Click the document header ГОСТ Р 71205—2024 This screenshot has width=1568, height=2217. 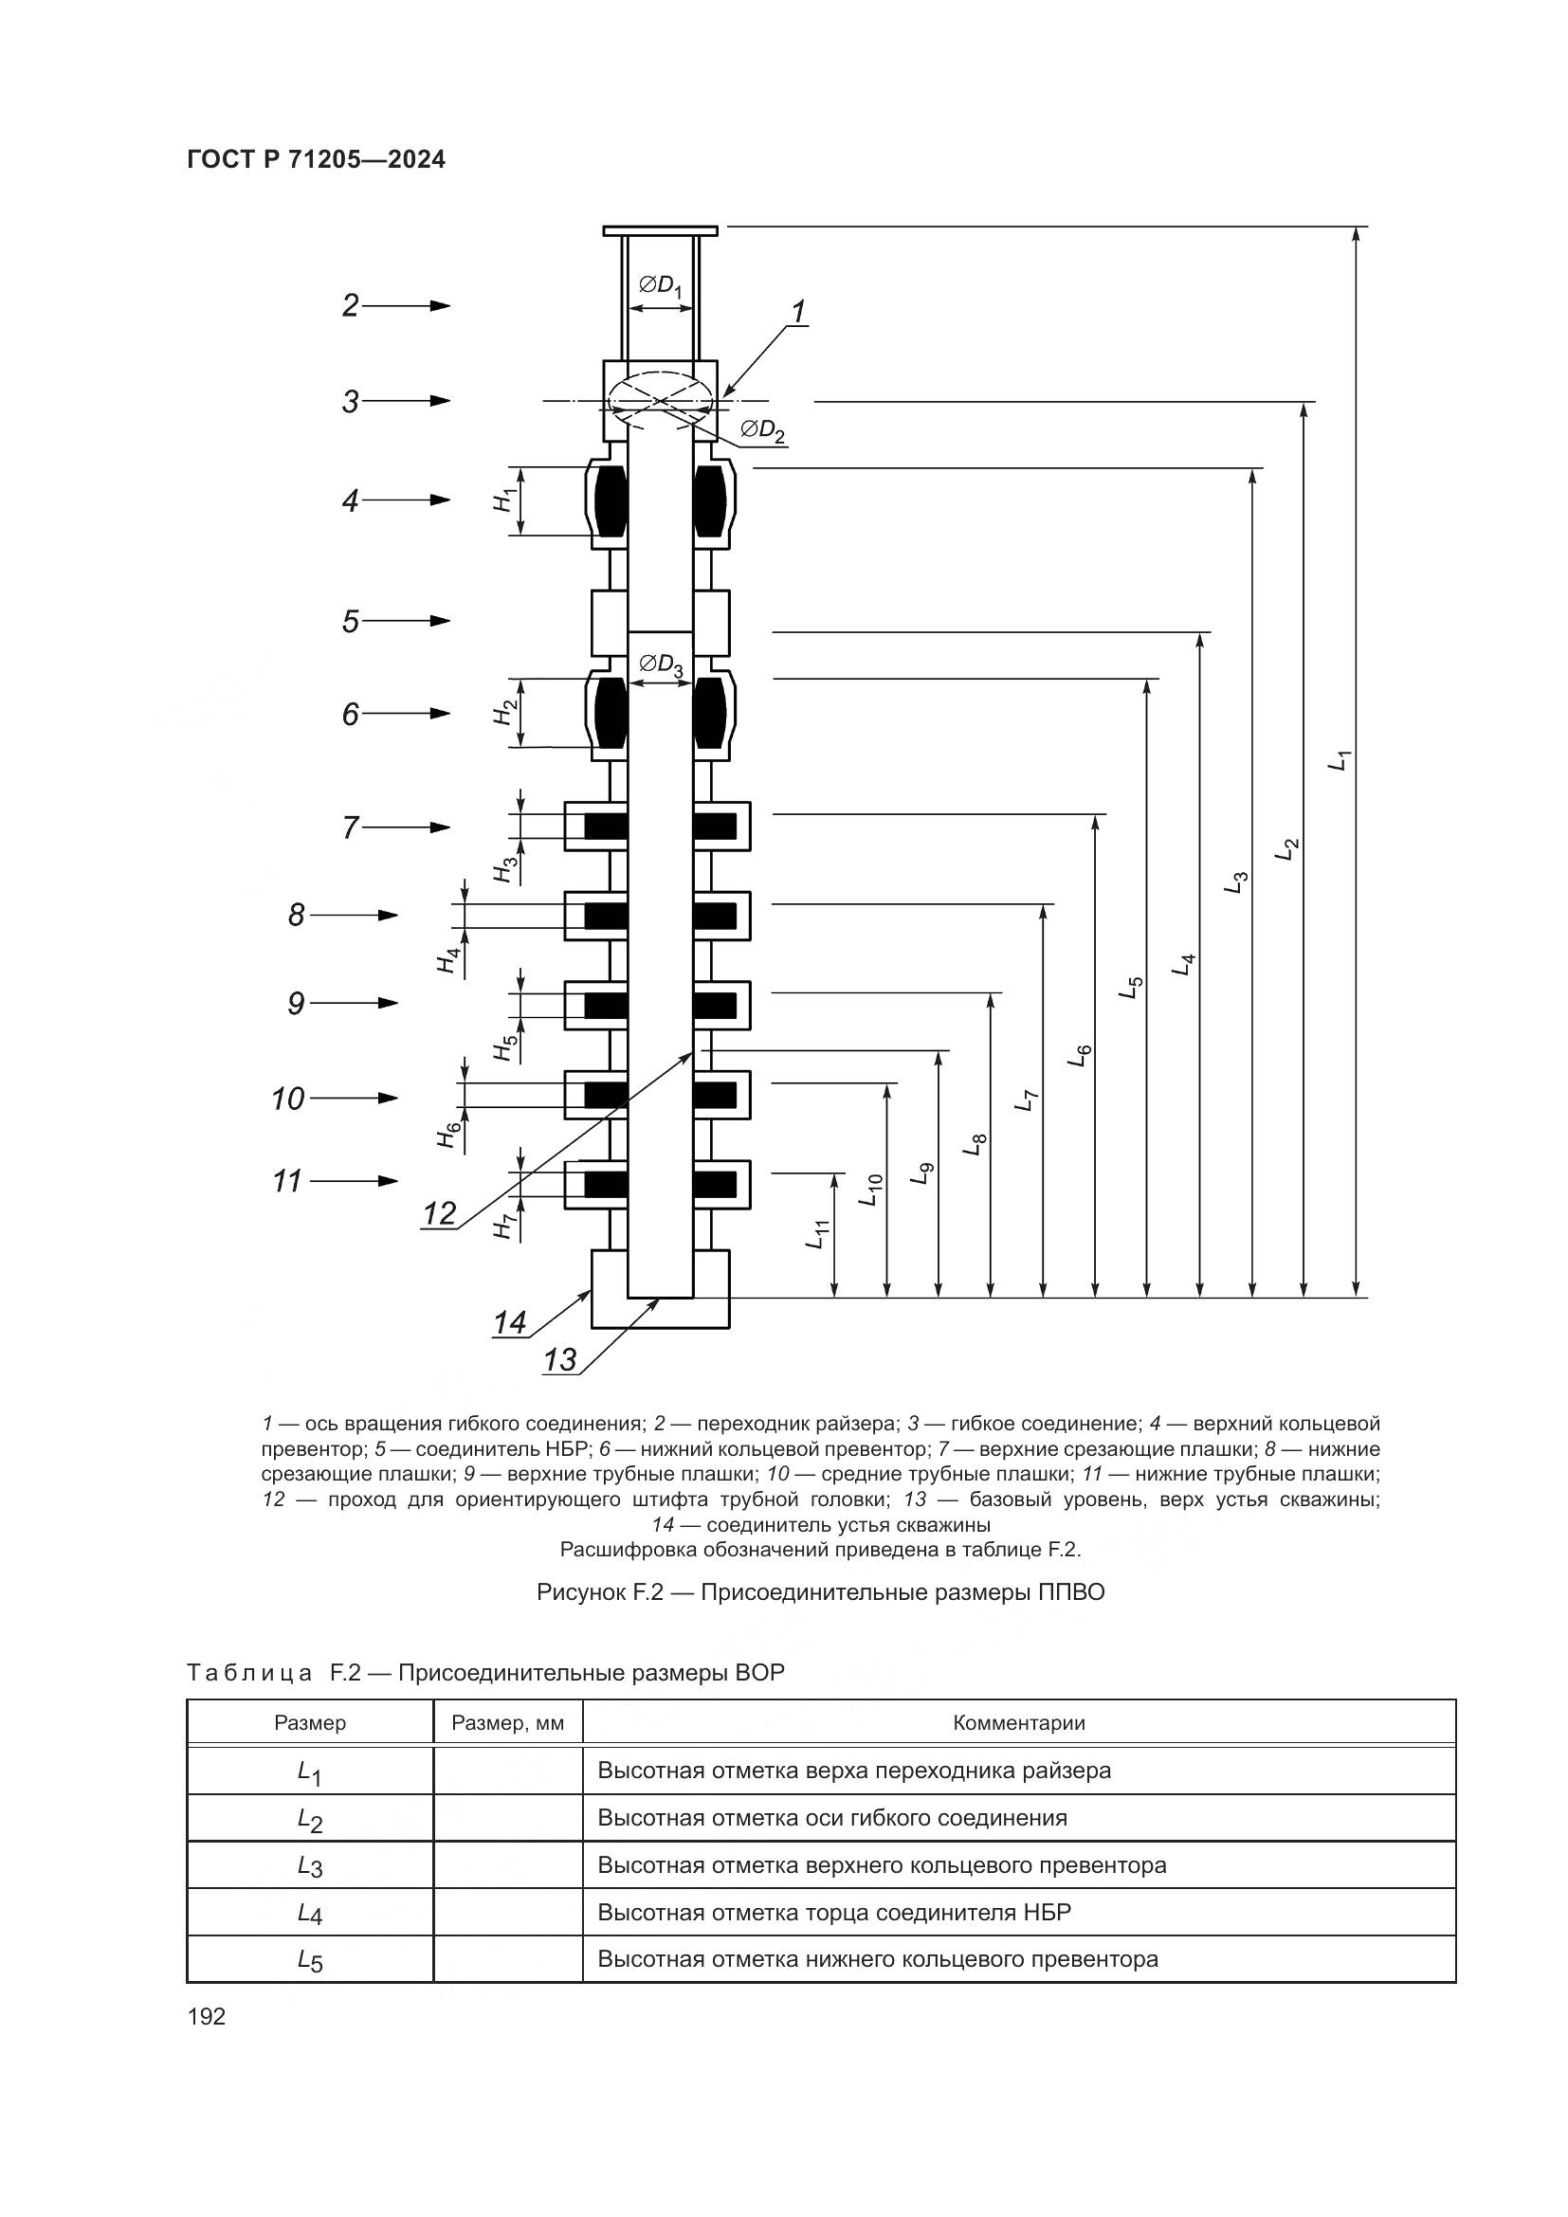pos(316,160)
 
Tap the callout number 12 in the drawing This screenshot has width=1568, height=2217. pos(439,1213)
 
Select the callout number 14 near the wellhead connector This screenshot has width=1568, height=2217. pos(510,1322)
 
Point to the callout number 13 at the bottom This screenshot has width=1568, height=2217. pos(560,1359)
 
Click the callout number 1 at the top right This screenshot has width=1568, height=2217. pos(798,312)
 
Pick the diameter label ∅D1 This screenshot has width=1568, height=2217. pos(662,286)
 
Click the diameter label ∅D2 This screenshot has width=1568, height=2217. pos(763,429)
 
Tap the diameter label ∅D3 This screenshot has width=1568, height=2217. pos(662,664)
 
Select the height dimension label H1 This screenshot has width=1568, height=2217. pos(503,500)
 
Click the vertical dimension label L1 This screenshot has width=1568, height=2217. pos(1339,759)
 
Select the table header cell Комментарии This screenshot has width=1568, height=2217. pos(1018,1722)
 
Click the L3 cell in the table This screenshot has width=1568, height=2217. pos(310,1865)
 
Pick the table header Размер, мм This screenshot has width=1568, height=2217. pos(508,1722)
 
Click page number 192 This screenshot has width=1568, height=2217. pos(207,2016)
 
